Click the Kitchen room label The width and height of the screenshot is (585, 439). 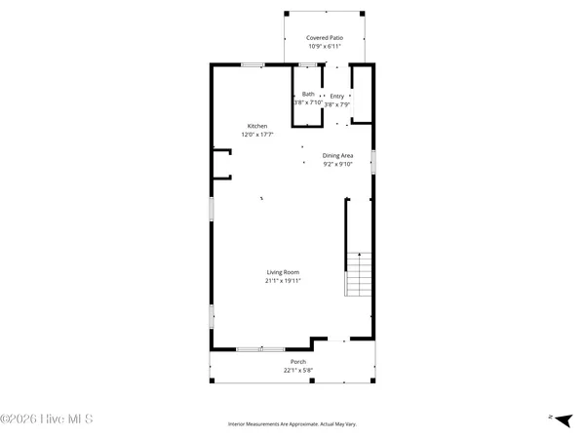point(256,126)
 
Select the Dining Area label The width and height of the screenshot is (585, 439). point(337,155)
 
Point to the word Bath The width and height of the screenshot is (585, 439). point(308,95)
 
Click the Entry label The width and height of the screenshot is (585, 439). point(336,96)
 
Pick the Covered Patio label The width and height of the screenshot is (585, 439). point(325,37)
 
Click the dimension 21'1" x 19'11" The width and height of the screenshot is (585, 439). point(283,281)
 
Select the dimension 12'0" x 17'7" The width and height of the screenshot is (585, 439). point(257,135)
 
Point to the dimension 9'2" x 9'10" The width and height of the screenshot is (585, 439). point(337,164)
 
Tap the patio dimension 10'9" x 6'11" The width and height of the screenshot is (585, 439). point(325,46)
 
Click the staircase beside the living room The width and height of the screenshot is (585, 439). point(359,275)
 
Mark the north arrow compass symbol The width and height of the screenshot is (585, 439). point(559,418)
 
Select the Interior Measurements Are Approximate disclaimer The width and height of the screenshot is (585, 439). point(292,424)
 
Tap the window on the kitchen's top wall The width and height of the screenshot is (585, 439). point(253,65)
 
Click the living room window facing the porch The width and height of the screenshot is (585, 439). point(260,348)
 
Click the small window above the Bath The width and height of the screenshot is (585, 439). point(308,65)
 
